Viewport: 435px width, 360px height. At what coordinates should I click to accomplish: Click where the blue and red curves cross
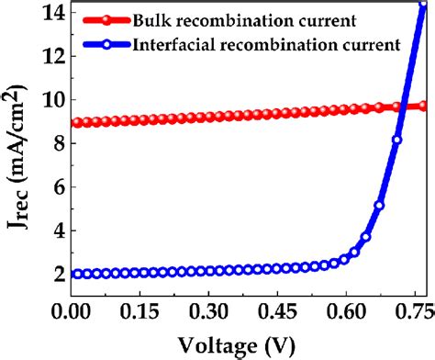tap(402, 107)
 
